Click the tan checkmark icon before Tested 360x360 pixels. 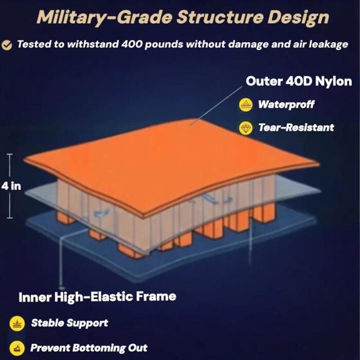coord(7,45)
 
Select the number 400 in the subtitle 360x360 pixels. coord(132,44)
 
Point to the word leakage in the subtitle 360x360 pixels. coord(328,45)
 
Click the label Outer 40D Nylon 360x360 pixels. coord(299,81)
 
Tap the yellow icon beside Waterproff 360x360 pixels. coord(246,105)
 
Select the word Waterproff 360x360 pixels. coord(286,104)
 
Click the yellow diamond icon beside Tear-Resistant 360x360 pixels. coord(246,128)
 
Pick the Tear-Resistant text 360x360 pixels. coord(296,128)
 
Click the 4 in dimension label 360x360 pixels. coord(11,186)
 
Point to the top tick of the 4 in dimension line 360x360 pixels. coord(10,154)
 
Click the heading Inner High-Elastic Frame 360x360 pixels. coord(97,297)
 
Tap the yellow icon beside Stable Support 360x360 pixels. coord(17,323)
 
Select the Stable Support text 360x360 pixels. coord(69,323)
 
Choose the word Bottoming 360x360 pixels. coord(99,348)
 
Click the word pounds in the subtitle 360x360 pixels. coord(164,45)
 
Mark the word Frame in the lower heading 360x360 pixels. coord(156,296)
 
